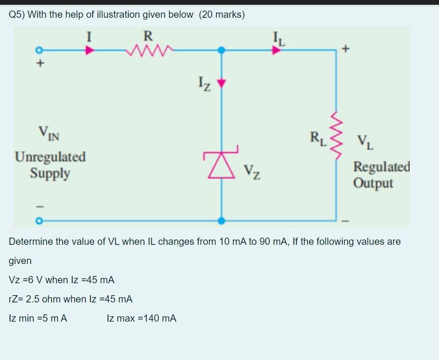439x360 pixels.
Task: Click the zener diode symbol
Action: (220, 165)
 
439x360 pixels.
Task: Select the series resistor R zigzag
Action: (148, 49)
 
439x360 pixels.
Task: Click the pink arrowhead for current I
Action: (89, 49)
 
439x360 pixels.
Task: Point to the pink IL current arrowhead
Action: (276, 49)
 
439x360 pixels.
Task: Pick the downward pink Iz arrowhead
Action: (221, 84)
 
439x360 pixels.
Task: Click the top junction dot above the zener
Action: (221, 49)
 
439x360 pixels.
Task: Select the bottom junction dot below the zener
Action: (221, 221)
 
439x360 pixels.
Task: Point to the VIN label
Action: (49, 132)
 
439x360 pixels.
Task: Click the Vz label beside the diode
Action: (252, 170)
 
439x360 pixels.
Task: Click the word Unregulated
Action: (50, 157)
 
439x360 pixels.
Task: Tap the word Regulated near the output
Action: (382, 167)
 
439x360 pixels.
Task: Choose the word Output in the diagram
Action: (373, 183)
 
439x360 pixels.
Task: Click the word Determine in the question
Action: (31, 241)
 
